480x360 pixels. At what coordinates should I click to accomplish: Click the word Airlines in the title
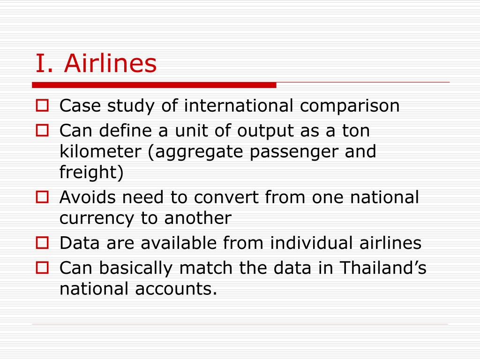[x=110, y=63]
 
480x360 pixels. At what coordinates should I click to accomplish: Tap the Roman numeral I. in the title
[x=44, y=63]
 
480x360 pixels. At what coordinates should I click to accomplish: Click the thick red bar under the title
[x=154, y=85]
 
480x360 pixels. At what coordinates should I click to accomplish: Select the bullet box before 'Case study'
[x=42, y=105]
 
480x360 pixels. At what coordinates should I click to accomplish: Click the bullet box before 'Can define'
[x=42, y=130]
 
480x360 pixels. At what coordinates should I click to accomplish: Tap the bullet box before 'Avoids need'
[x=42, y=197]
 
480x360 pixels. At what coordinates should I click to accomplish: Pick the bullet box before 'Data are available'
[x=42, y=243]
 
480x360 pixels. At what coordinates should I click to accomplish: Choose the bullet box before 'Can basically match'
[x=42, y=268]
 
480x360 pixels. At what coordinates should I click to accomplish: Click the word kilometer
[x=100, y=151]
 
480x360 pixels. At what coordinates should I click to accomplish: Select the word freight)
[x=91, y=172]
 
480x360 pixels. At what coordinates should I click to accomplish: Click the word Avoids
[x=88, y=197]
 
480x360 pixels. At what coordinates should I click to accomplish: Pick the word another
[x=198, y=218]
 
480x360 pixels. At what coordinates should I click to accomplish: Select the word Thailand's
[x=383, y=267]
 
